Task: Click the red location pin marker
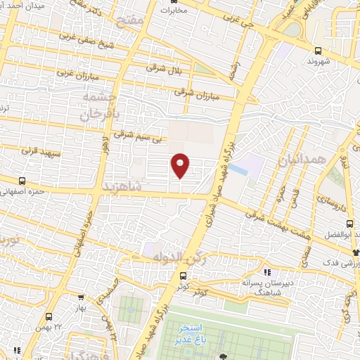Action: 181,165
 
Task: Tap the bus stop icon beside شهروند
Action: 319,51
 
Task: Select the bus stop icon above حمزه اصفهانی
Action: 22,181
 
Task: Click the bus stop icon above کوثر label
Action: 183,276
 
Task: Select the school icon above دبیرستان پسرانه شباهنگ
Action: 266,271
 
